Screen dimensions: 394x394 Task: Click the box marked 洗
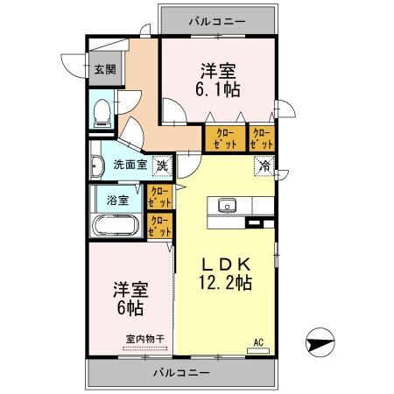tap(162, 165)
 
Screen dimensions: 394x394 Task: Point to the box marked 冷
tap(263, 165)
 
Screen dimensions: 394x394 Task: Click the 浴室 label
tap(117, 200)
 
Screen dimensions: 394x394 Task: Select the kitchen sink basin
tap(227, 207)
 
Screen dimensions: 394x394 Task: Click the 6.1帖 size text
tap(217, 88)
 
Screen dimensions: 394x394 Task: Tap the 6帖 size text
tap(129, 307)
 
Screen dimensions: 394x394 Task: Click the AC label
tap(259, 341)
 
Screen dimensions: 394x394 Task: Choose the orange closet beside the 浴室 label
tap(160, 196)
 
